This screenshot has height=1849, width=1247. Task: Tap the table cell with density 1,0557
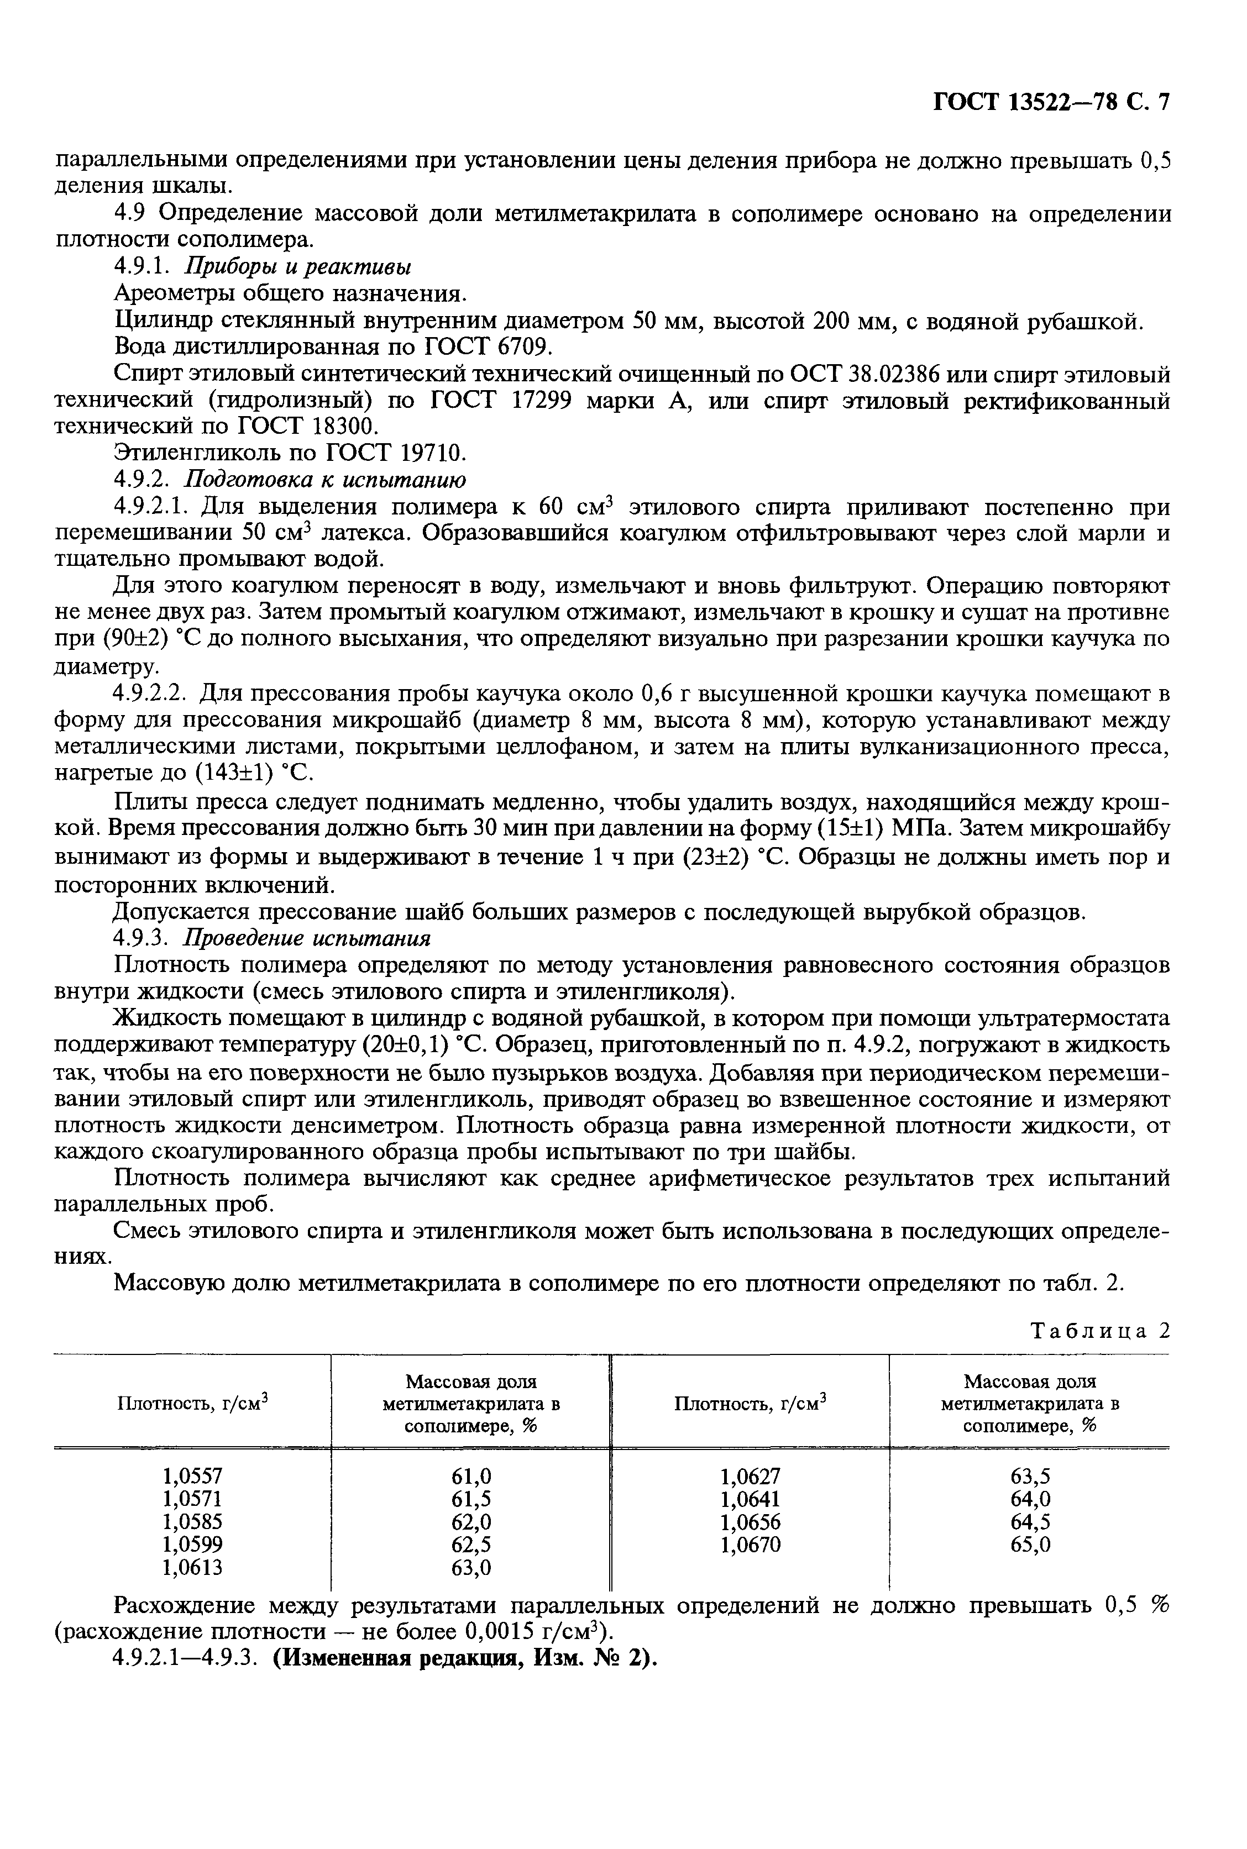192,1475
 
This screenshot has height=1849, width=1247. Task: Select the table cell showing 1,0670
750,1545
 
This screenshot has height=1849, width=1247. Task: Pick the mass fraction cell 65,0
1030,1545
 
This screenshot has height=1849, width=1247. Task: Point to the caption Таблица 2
1101,1331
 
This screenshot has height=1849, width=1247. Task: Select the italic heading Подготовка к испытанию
325,480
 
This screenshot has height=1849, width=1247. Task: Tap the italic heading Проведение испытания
307,938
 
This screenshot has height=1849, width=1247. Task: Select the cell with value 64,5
1030,1521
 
